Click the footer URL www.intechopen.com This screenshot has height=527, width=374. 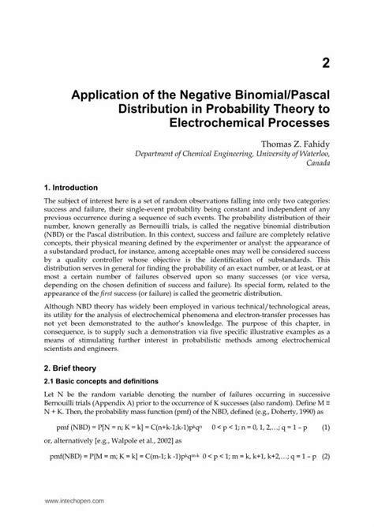(72, 501)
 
